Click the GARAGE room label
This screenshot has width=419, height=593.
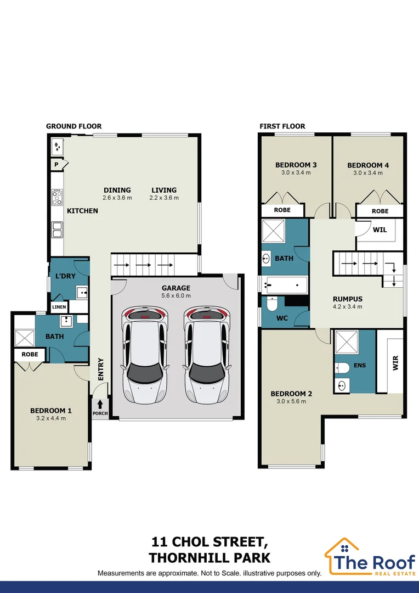point(175,288)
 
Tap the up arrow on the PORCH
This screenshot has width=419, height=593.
point(100,404)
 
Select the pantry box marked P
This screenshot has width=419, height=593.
point(56,165)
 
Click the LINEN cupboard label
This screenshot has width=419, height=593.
point(59,307)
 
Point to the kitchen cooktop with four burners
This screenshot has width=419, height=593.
point(57,198)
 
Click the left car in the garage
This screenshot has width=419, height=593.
point(144,354)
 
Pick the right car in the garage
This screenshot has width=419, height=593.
point(206,354)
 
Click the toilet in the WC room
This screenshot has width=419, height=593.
point(272,303)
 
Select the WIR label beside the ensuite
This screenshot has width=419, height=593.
point(395,363)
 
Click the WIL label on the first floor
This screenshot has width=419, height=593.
point(380,230)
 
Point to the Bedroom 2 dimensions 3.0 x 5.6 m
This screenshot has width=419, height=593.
point(291,401)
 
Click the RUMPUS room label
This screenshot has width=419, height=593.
point(348,299)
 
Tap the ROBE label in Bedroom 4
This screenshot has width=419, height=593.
point(380,211)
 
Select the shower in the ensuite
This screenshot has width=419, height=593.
point(347,342)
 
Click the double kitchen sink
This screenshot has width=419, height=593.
point(57,230)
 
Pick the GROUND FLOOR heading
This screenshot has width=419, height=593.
point(73,126)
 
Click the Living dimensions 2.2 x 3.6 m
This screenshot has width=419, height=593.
point(164,198)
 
